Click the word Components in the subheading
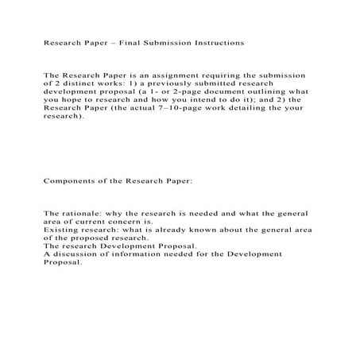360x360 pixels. [x=73, y=180]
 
